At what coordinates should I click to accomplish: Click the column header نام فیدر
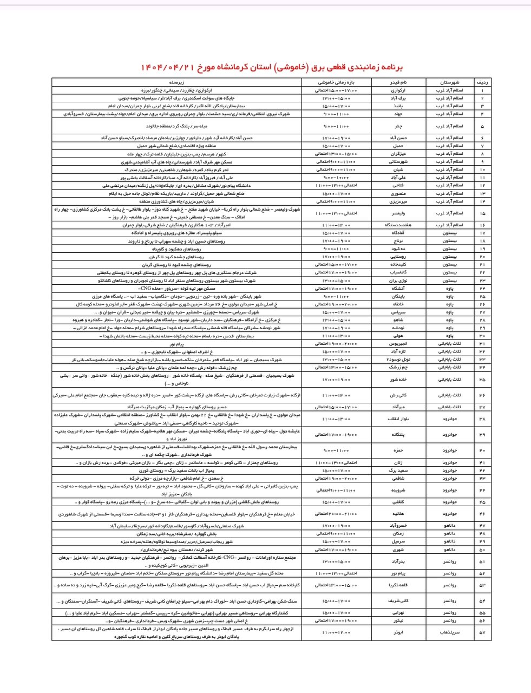coord(398,82)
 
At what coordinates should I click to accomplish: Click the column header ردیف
coord(482,82)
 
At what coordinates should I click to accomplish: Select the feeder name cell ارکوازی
coord(398,90)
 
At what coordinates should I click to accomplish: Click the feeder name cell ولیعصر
coord(398,213)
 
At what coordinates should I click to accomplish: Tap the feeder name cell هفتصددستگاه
coord(398,225)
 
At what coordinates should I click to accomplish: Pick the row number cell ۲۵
coord(482,297)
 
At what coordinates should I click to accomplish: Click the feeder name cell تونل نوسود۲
coord(398,359)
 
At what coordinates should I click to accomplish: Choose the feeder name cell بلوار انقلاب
coord(398,419)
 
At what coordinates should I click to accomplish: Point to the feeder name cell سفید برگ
coord(398,470)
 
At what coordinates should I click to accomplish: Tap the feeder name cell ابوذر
coord(398,632)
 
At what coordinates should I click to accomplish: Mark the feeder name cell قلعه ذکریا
coord(398,585)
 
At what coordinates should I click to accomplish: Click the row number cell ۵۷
coord(482,632)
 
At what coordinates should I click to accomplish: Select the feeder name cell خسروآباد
coord(398,526)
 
